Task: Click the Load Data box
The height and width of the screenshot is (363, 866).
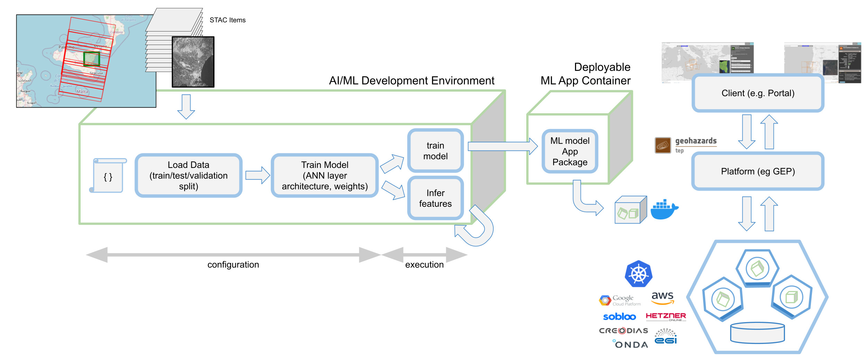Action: pos(188,175)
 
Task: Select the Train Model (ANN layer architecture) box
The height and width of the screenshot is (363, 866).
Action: pos(325,175)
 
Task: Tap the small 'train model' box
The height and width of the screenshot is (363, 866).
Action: pos(435,151)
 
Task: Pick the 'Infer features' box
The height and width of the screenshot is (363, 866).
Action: pos(435,198)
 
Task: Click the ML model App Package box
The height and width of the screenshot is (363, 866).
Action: pos(570,151)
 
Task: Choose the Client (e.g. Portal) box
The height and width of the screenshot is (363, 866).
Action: pos(758,93)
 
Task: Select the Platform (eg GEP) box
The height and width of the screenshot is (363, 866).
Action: pos(758,171)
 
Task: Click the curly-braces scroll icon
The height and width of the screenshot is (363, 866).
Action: pos(108,175)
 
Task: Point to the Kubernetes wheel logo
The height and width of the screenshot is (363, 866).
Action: pos(638,274)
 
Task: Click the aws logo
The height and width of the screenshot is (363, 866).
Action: pos(662,298)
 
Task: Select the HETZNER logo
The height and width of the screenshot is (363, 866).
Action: pos(666,316)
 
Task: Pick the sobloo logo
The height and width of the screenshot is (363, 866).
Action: pos(619,317)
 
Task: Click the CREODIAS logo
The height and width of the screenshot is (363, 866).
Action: pos(624,331)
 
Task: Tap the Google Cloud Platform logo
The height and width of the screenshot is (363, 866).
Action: pos(620,300)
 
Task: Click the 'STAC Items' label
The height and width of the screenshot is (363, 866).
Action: pos(228,20)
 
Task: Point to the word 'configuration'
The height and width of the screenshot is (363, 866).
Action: pos(233,265)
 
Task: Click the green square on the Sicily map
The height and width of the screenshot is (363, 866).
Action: pos(91,59)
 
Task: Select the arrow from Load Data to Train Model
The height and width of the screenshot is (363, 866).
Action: pos(257,175)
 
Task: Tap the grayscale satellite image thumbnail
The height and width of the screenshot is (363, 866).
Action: pos(193,62)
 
